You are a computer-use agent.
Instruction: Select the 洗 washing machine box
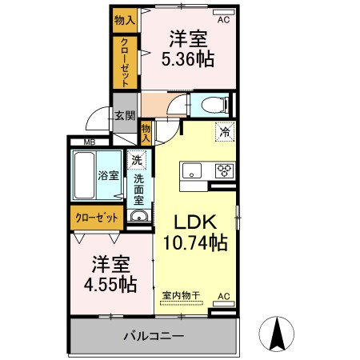136,161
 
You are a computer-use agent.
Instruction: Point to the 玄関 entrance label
124,116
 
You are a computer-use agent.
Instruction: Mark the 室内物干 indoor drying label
182,296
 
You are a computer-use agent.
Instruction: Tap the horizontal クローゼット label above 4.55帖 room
98,218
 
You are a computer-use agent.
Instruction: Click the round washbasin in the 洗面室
138,217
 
